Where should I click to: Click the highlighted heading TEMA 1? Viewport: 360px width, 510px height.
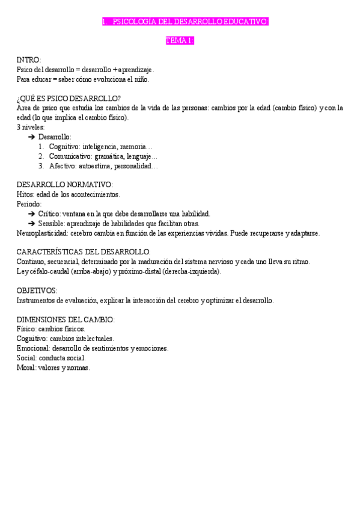180,41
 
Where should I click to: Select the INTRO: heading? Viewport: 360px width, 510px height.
28,60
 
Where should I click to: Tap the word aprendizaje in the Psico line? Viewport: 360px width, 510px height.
136,70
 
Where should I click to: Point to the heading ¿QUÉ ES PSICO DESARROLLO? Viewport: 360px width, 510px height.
69,99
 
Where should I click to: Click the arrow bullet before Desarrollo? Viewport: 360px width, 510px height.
31,137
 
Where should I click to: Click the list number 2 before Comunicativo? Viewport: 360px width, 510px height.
41,156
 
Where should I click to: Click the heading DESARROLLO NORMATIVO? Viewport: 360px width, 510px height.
64,185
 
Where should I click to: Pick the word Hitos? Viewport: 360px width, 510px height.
25,194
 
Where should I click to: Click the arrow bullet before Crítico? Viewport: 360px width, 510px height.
31,214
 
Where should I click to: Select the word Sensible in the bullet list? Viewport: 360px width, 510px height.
52,223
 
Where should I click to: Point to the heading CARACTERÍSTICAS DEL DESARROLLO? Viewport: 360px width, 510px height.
84,252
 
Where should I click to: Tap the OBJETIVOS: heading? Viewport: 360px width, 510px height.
37,290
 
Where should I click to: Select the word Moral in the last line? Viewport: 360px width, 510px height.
26,367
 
